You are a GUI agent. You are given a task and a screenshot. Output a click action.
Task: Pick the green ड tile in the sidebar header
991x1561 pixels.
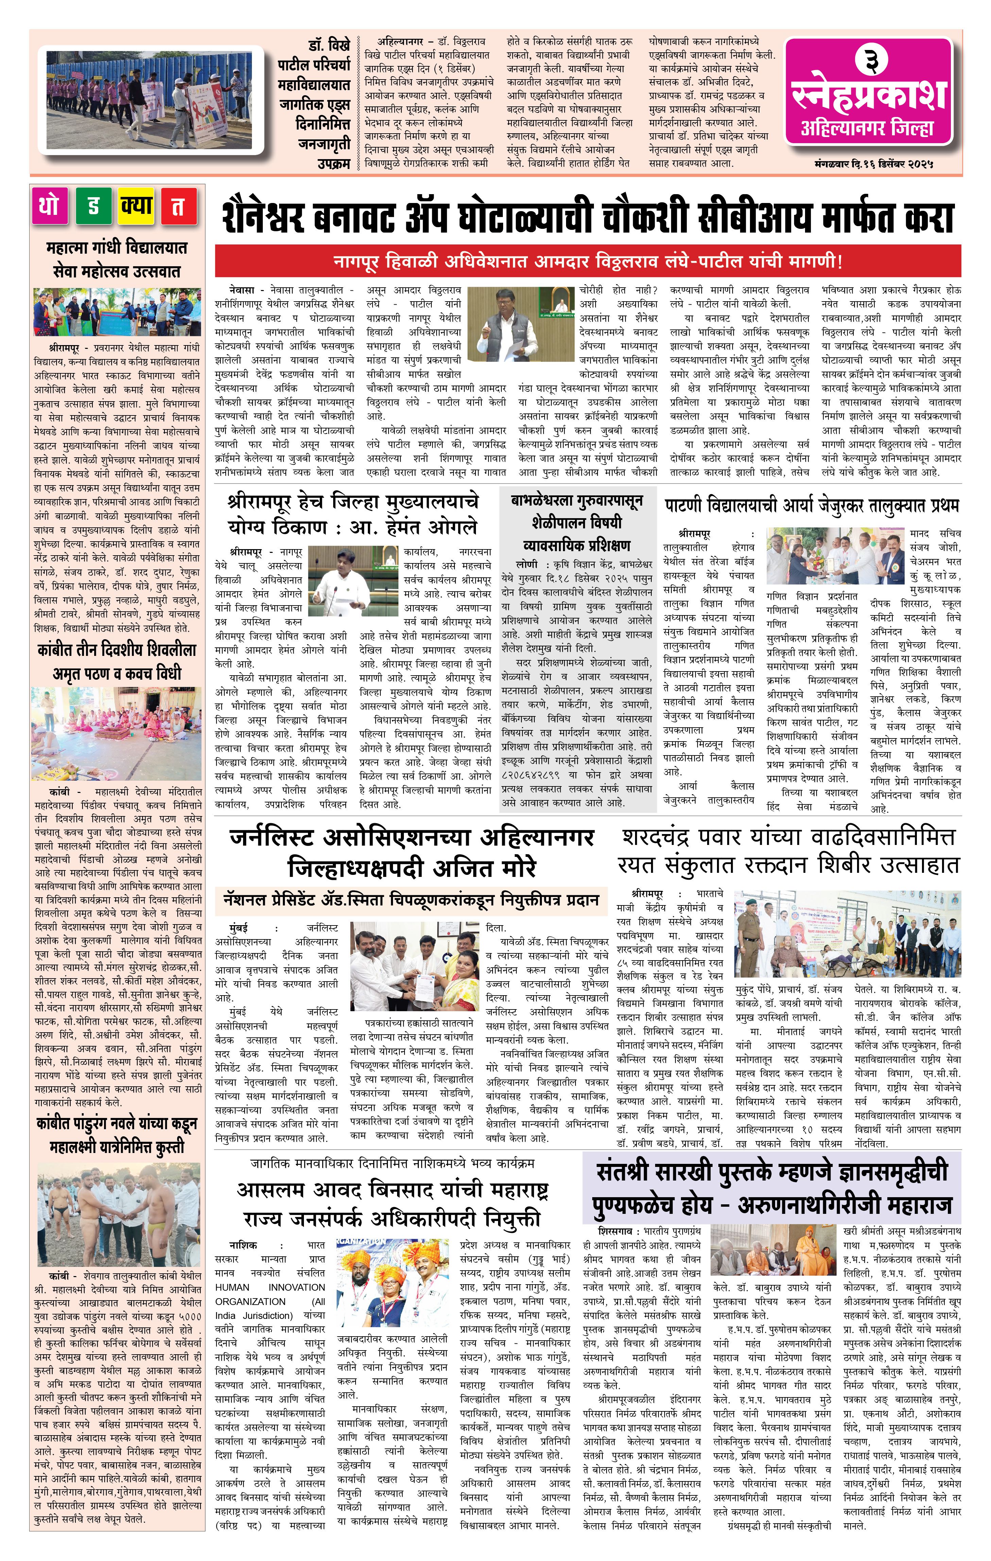[93, 206]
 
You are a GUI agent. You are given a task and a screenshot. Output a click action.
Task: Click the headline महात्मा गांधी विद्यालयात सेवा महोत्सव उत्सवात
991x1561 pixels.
[117, 259]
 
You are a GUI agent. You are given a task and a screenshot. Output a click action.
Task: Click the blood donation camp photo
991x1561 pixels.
[847, 934]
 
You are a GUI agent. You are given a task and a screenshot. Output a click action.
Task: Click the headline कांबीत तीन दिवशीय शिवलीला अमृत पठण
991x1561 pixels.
[117, 661]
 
